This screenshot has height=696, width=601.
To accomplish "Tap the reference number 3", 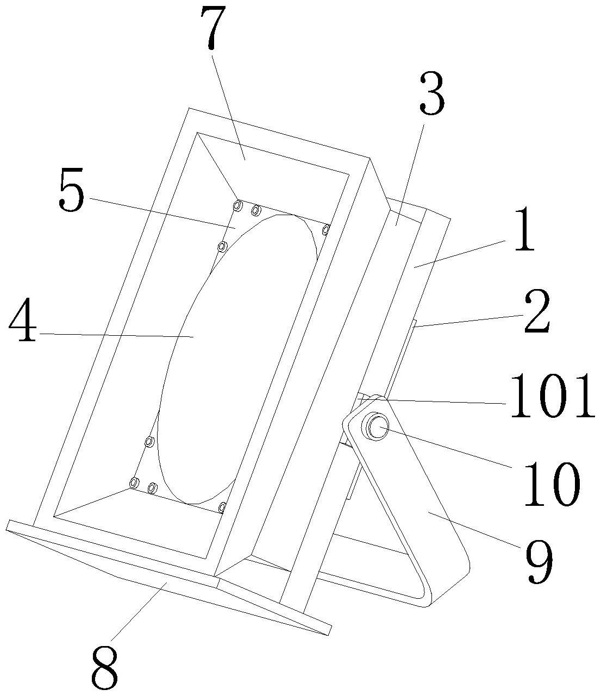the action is (x=432, y=95).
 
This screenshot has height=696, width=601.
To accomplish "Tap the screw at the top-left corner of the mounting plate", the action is (x=237, y=205).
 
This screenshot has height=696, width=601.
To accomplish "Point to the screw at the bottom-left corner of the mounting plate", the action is (x=134, y=482).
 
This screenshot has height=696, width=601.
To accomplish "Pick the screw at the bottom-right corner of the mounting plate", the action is (x=222, y=507).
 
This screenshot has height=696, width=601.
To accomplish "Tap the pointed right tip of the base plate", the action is (x=328, y=632).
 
